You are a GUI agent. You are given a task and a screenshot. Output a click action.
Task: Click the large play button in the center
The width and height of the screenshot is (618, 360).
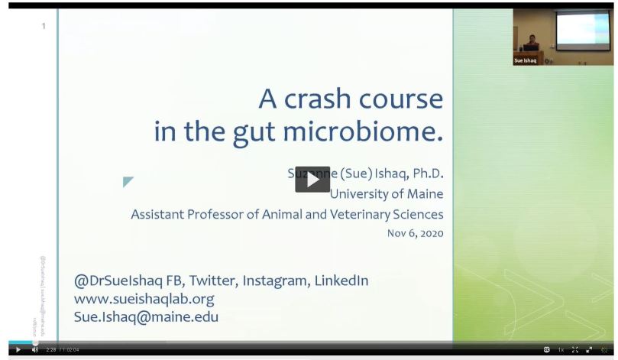tap(312, 180)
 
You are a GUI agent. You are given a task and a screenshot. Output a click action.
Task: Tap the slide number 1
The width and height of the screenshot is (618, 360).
tap(44, 26)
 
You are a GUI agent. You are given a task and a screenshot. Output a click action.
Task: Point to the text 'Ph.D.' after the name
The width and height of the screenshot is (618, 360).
tap(424, 174)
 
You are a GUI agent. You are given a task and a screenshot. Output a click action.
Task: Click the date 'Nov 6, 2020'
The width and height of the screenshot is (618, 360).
tap(416, 233)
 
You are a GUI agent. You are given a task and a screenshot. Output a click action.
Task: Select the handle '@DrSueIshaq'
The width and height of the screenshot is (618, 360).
tap(118, 281)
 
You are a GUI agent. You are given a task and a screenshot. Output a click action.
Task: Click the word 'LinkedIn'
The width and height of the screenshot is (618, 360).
tap(340, 281)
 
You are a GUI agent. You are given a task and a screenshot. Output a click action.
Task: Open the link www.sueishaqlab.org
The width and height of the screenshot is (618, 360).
tap(144, 298)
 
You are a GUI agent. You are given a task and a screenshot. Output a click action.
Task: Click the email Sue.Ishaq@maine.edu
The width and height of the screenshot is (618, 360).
tap(146, 316)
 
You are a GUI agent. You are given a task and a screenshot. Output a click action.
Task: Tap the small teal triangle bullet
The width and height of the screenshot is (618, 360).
tap(128, 182)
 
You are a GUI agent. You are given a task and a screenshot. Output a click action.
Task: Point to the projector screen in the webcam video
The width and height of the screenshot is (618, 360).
tap(582, 29)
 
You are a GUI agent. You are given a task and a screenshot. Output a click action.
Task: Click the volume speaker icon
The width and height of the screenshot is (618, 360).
tap(34, 350)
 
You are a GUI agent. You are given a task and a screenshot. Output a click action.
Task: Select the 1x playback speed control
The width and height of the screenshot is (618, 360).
tap(561, 350)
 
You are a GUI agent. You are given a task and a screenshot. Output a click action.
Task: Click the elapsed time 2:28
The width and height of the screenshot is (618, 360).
tap(51, 350)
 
